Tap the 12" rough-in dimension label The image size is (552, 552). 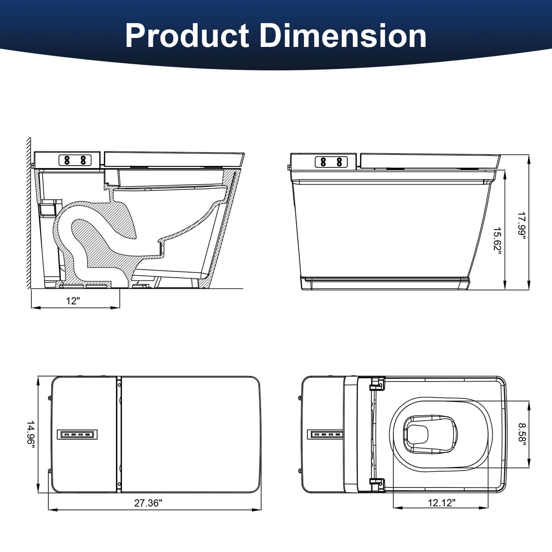pyautogui.click(x=73, y=301)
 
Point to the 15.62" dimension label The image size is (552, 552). pyautogui.click(x=497, y=241)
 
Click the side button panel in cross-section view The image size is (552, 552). pyautogui.click(x=75, y=160)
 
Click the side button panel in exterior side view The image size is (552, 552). pyautogui.click(x=331, y=161)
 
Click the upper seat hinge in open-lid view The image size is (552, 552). pyautogui.click(x=377, y=384)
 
